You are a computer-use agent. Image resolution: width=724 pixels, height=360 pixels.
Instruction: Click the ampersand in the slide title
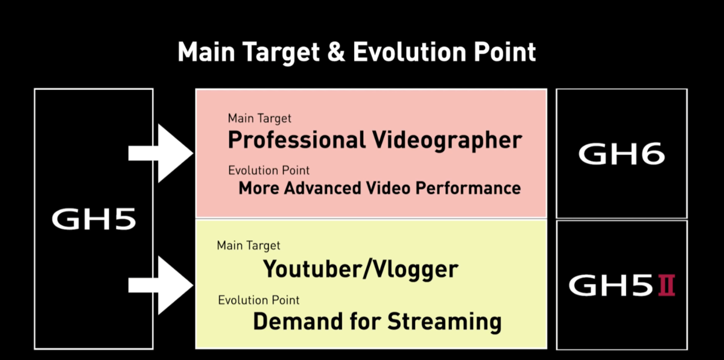(336, 52)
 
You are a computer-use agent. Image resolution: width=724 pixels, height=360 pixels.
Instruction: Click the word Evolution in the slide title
(410, 52)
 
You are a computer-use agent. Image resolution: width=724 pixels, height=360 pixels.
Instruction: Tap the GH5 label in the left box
(94, 219)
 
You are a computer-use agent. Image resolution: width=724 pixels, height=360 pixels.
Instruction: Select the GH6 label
(621, 154)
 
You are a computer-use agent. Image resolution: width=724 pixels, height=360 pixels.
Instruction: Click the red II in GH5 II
(667, 285)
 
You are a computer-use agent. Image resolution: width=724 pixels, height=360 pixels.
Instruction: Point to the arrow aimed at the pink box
(160, 153)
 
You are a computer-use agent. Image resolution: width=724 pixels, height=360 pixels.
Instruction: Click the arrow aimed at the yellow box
(160, 285)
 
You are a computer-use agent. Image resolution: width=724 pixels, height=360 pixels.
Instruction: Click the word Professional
(297, 141)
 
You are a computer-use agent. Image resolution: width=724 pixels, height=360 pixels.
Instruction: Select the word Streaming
(445, 322)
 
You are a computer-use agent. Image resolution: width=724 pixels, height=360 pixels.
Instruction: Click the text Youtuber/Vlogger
(361, 269)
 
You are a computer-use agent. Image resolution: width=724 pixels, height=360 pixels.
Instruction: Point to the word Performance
(468, 188)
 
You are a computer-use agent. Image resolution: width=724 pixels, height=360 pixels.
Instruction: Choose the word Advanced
(322, 188)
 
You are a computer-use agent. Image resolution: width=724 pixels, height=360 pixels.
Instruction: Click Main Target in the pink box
(259, 119)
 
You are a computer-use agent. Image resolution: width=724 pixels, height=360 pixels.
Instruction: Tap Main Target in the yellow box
(249, 245)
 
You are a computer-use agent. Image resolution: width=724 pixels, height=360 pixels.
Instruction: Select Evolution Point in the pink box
(269, 170)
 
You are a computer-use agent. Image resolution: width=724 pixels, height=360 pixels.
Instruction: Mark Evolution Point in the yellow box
(259, 300)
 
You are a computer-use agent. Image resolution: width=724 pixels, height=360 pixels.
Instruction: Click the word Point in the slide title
(505, 52)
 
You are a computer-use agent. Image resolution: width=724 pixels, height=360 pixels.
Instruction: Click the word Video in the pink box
(388, 188)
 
